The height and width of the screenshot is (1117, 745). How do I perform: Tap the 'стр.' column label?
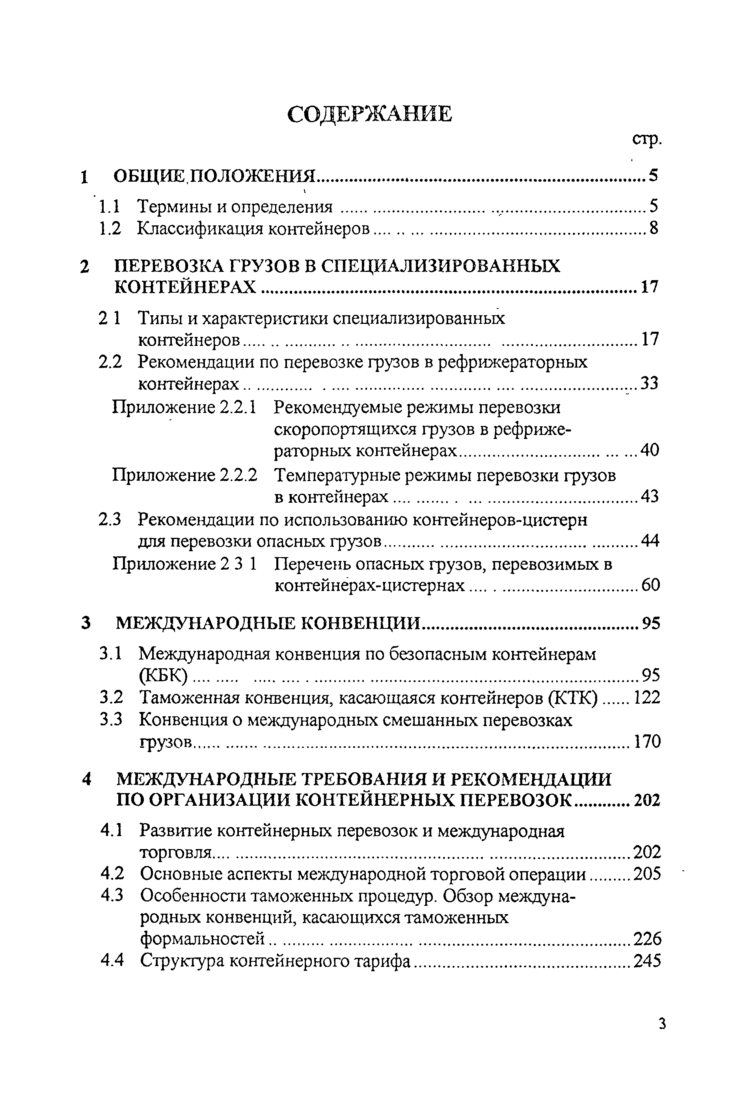pos(647,139)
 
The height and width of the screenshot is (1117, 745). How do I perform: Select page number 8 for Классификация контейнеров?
pos(654,229)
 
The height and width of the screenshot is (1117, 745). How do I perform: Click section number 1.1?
pos(109,206)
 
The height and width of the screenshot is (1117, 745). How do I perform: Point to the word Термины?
pos(171,206)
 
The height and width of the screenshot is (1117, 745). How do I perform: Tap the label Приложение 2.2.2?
pos(185,475)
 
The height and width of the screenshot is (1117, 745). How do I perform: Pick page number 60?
pos(650,585)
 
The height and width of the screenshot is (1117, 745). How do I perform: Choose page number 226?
pos(647,939)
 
